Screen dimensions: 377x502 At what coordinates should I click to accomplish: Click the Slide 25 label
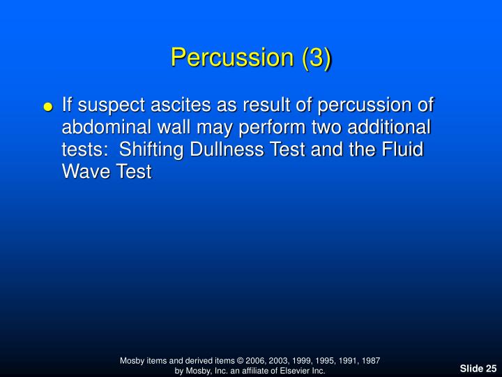(478, 368)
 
